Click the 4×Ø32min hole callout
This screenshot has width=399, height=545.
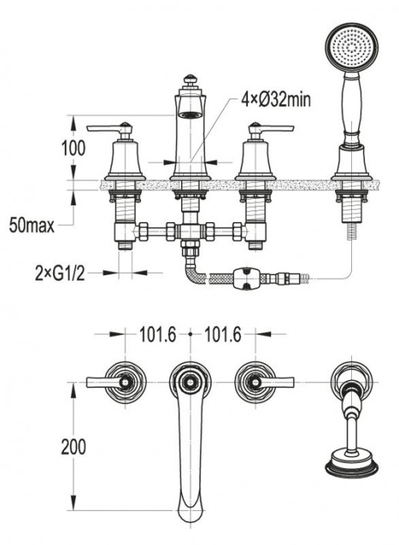click(x=276, y=100)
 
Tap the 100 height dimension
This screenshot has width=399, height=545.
click(x=73, y=148)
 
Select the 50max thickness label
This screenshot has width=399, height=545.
click(x=32, y=225)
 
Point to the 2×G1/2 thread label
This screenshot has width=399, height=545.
click(x=60, y=274)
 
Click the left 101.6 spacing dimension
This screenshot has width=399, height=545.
click(x=158, y=335)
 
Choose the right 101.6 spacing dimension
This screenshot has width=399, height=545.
click(x=223, y=335)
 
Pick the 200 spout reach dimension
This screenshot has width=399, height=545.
click(x=73, y=446)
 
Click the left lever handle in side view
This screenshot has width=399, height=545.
click(x=109, y=129)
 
